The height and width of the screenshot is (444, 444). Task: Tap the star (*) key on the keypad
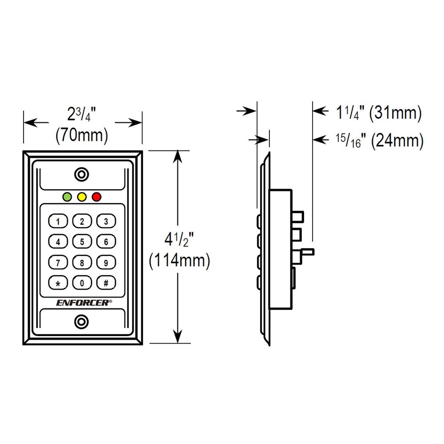tap(58, 283)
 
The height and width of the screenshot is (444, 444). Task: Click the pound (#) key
tap(106, 283)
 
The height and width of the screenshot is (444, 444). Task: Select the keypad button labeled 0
tap(82, 283)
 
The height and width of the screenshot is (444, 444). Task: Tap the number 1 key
tap(58, 221)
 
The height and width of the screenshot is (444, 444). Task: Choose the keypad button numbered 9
tap(106, 262)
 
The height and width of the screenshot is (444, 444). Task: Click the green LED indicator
tap(67, 197)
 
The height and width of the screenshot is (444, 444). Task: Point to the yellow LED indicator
tap(82, 197)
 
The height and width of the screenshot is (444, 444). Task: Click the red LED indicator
tap(96, 197)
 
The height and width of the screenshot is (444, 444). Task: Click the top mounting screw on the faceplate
tap(82, 174)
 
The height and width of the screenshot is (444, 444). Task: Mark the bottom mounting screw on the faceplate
tap(82, 322)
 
